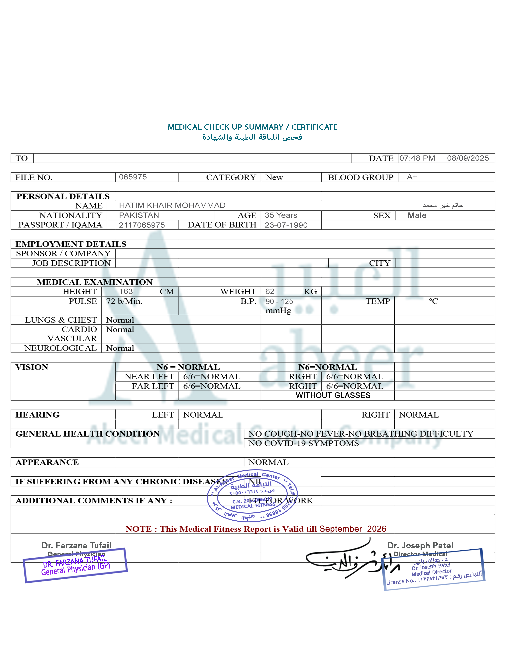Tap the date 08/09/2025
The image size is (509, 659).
(x=468, y=158)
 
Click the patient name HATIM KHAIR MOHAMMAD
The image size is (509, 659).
(x=172, y=205)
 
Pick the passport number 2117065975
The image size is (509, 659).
(x=142, y=225)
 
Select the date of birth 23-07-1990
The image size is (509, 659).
(x=286, y=225)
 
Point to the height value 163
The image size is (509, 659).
(x=126, y=292)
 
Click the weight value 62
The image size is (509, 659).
(x=270, y=292)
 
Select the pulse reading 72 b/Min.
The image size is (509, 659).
(x=124, y=301)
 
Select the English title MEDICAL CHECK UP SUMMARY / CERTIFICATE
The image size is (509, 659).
(x=252, y=127)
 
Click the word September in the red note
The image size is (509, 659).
(x=341, y=529)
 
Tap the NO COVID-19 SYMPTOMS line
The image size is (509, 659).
(x=303, y=443)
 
